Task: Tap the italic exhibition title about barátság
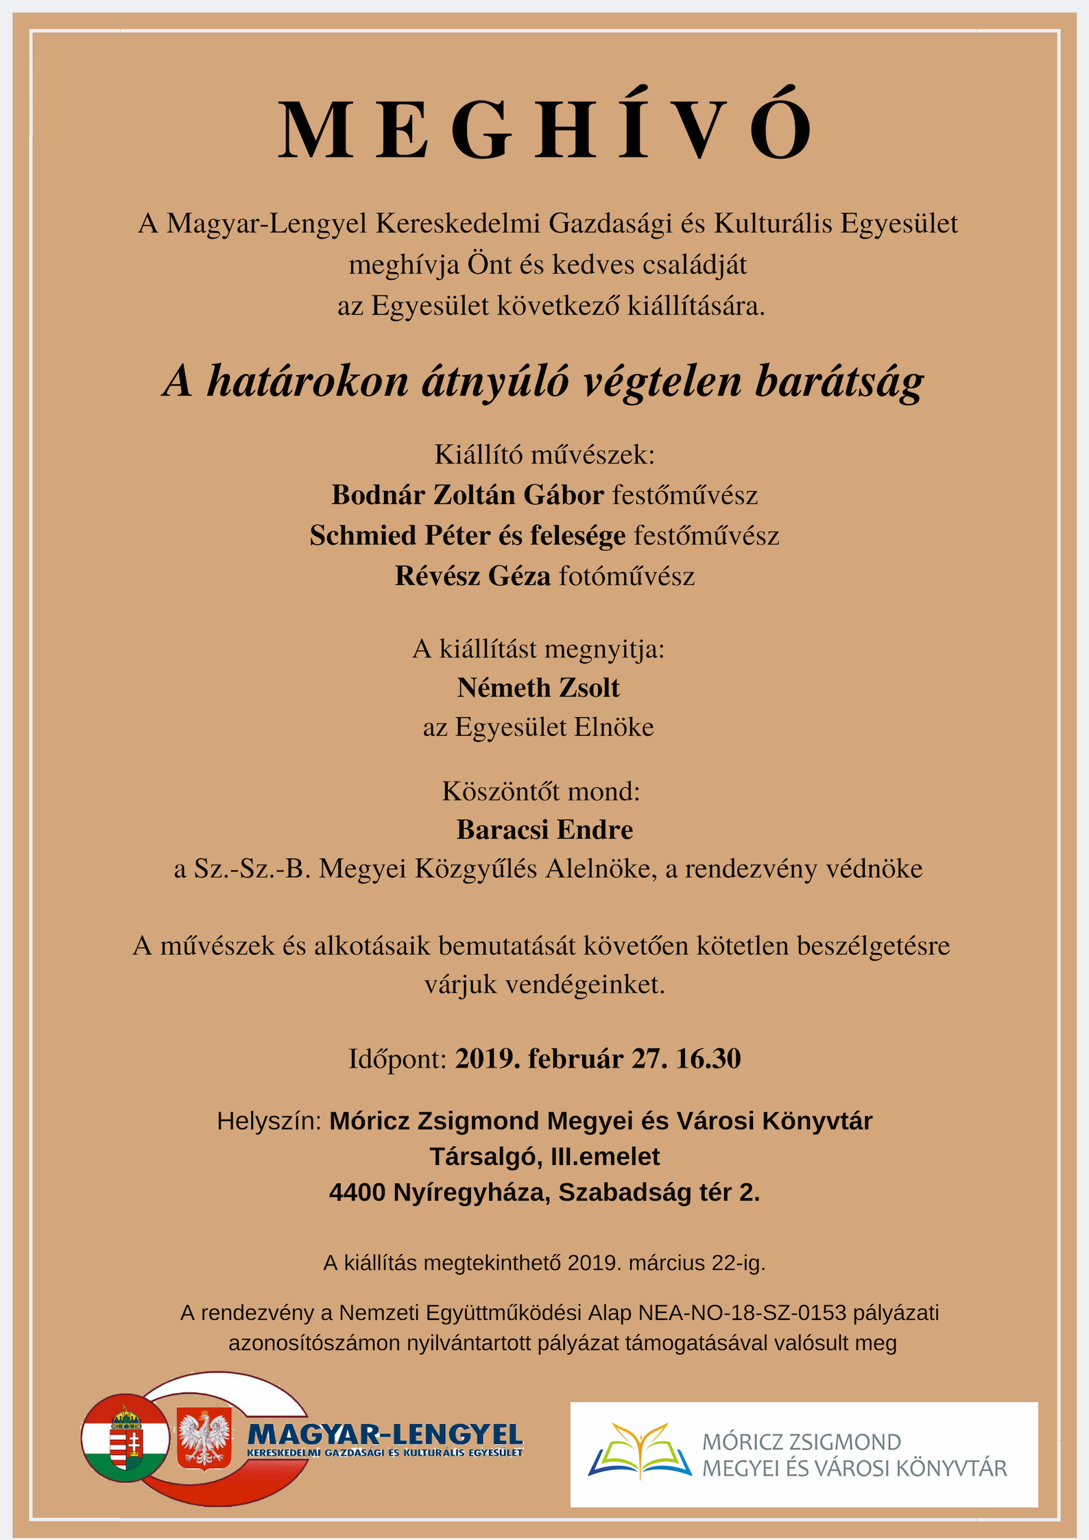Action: point(543,381)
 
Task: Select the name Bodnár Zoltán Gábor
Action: point(468,495)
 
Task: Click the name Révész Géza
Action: point(472,576)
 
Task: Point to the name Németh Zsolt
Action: point(538,688)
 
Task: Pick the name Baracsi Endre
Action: point(544,830)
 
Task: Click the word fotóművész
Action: point(627,576)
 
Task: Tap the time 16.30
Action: point(708,1059)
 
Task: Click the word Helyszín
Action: point(269,1121)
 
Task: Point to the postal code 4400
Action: point(357,1192)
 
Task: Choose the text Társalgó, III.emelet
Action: point(544,1157)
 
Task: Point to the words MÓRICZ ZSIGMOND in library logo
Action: point(801,1442)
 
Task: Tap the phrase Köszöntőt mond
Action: point(541,791)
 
